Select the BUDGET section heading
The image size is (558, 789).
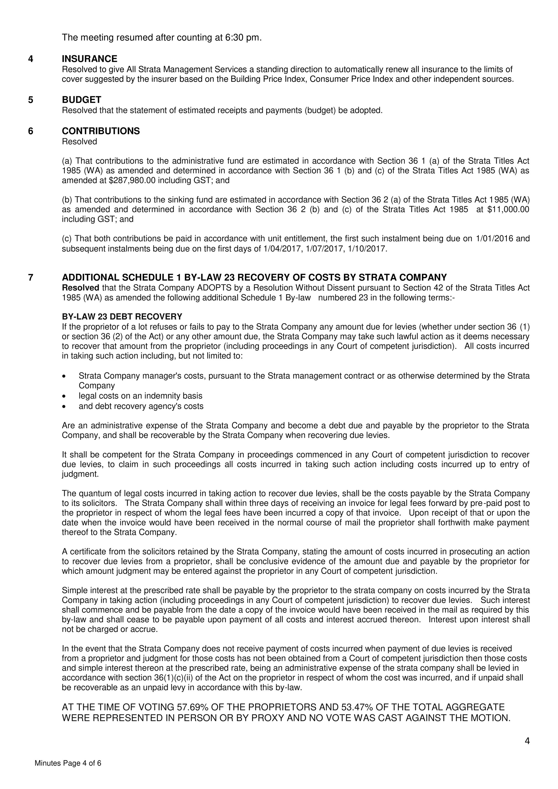pyautogui.click(x=82, y=100)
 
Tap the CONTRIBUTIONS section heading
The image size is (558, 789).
pyautogui.click(x=101, y=131)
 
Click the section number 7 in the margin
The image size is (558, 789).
pyautogui.click(x=31, y=277)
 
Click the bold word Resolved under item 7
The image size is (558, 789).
pyautogui.click(x=81, y=288)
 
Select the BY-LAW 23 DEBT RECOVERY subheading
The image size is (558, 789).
pyautogui.click(x=122, y=316)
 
